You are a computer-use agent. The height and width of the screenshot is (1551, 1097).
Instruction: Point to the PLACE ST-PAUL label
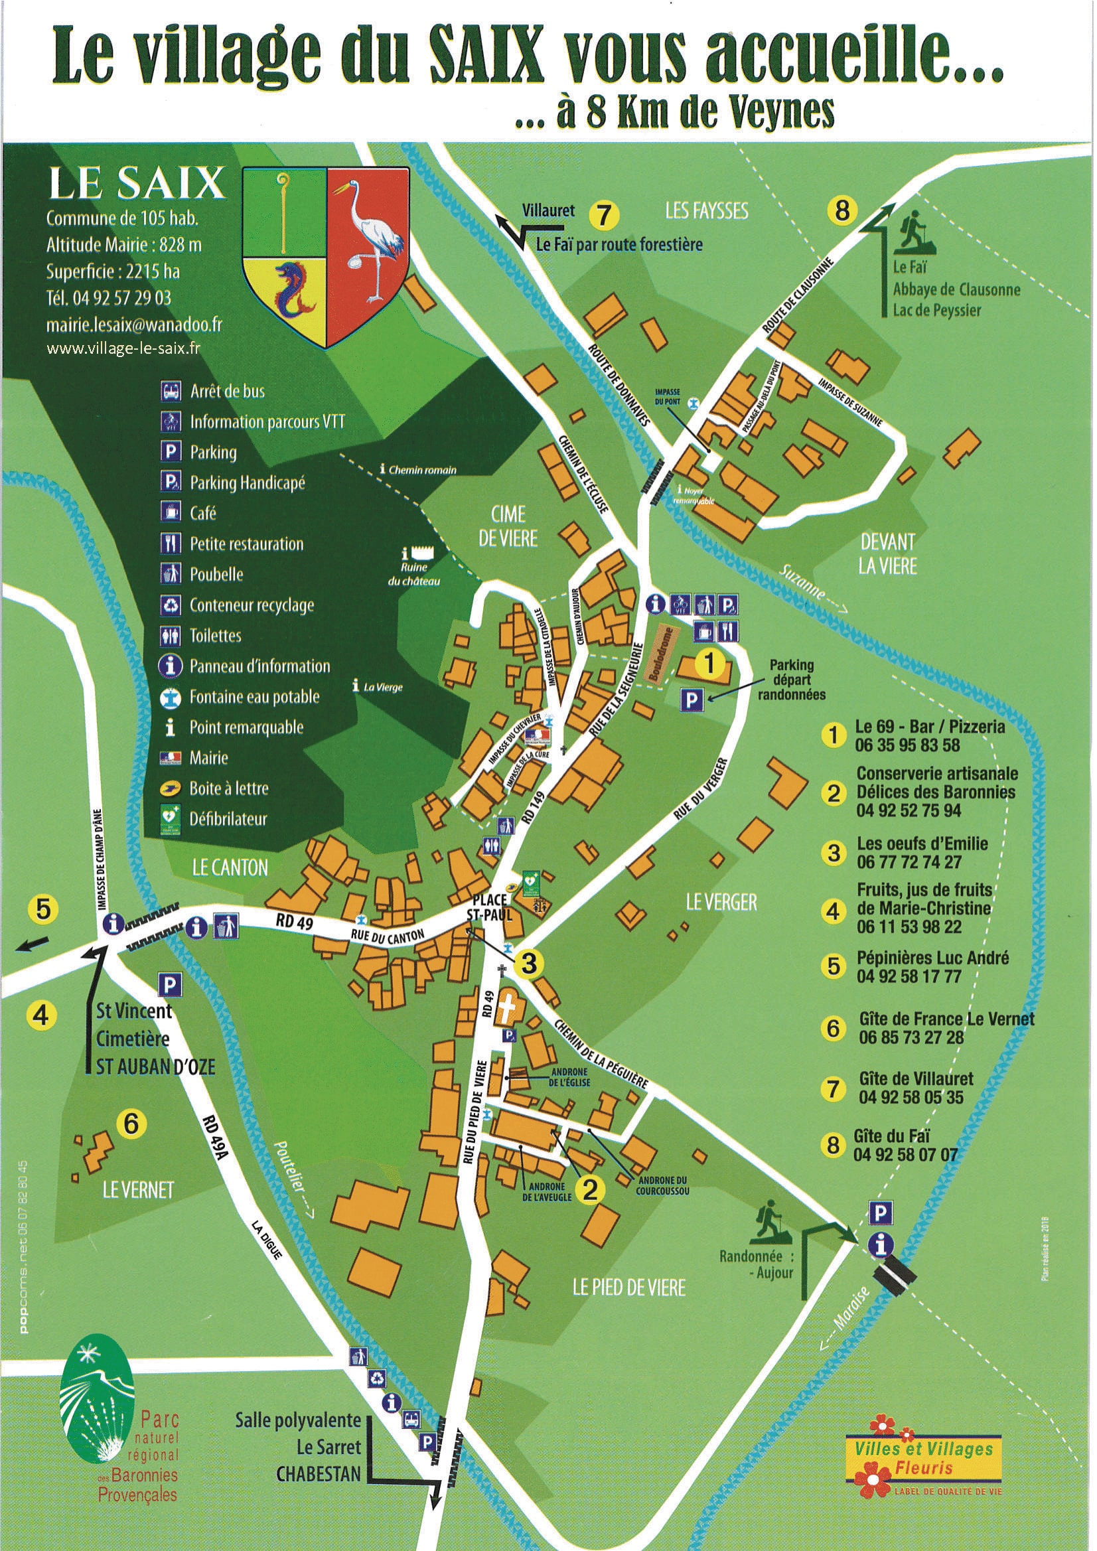491,907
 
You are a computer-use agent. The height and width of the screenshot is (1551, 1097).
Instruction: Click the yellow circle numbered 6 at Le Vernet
131,1124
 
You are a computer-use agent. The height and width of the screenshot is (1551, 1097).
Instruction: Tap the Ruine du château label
414,574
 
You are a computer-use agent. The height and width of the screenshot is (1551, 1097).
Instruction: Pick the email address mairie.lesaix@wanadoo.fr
134,325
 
